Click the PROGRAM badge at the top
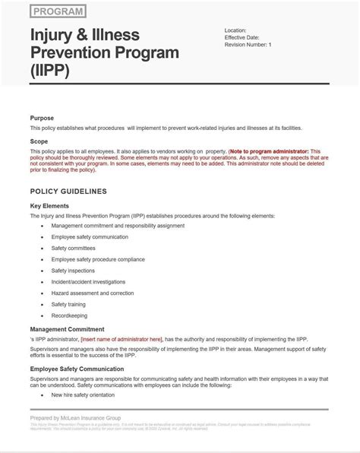[x=58, y=11]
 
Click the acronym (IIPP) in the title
[x=50, y=71]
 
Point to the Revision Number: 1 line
[x=248, y=45]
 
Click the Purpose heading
[x=42, y=118]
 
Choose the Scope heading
[x=39, y=141]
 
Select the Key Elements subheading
[x=49, y=205]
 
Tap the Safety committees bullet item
[x=73, y=248]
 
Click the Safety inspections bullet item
[x=73, y=270]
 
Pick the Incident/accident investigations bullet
[x=89, y=281]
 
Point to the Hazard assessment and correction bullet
[x=92, y=293]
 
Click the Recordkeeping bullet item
[x=69, y=315]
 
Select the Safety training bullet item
[x=68, y=304]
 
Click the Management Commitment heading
[x=67, y=329]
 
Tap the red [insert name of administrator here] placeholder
[x=121, y=339]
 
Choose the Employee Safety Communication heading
[x=77, y=369]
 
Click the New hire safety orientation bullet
[x=84, y=395]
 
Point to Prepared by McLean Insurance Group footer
[x=75, y=417]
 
